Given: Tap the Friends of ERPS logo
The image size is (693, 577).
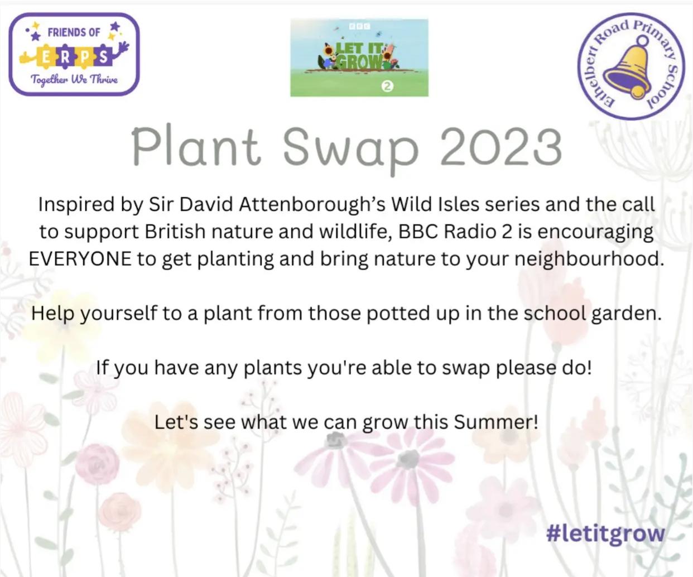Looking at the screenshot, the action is [x=74, y=55].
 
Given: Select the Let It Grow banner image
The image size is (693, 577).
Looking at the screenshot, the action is [x=359, y=58].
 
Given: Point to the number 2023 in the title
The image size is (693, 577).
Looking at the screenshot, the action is [x=501, y=147].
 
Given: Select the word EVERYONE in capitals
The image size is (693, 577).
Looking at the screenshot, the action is [x=80, y=259].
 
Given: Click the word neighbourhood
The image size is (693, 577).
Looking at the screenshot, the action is [x=589, y=259].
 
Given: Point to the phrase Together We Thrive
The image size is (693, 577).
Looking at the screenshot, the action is [x=74, y=80].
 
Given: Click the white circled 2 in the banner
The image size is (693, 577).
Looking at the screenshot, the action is [x=387, y=86].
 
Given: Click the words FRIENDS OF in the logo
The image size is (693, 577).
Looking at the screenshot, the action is [x=74, y=32].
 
